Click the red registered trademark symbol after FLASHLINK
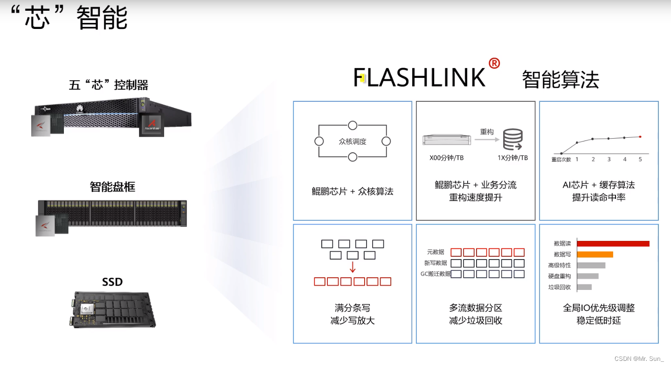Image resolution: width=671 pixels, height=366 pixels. point(494,63)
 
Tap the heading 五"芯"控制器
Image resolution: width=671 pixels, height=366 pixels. point(109,85)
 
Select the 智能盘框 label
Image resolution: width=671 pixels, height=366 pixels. point(112,187)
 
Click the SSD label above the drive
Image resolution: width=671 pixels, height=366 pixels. point(112,282)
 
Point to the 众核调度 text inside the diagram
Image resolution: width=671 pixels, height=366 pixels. point(353,141)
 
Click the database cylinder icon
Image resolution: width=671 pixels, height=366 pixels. point(512,139)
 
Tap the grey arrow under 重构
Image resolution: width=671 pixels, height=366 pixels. point(486,139)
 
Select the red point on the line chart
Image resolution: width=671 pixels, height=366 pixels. point(640,137)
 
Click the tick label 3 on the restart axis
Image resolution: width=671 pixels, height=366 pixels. point(609,159)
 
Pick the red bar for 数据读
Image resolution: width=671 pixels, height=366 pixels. point(613,243)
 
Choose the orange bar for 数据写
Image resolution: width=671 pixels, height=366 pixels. point(595,254)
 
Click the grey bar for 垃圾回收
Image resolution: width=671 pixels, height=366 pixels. point(584,287)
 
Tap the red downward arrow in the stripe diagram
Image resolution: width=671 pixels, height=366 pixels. point(353,267)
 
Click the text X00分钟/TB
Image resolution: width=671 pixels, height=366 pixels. point(447,158)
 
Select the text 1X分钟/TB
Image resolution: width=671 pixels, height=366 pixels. point(512,158)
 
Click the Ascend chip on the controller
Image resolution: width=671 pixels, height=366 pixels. point(152,124)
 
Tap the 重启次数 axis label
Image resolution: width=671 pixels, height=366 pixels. point(561,159)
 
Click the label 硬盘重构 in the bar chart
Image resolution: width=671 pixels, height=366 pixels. point(560,276)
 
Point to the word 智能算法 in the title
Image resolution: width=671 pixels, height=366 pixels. point(560,80)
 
